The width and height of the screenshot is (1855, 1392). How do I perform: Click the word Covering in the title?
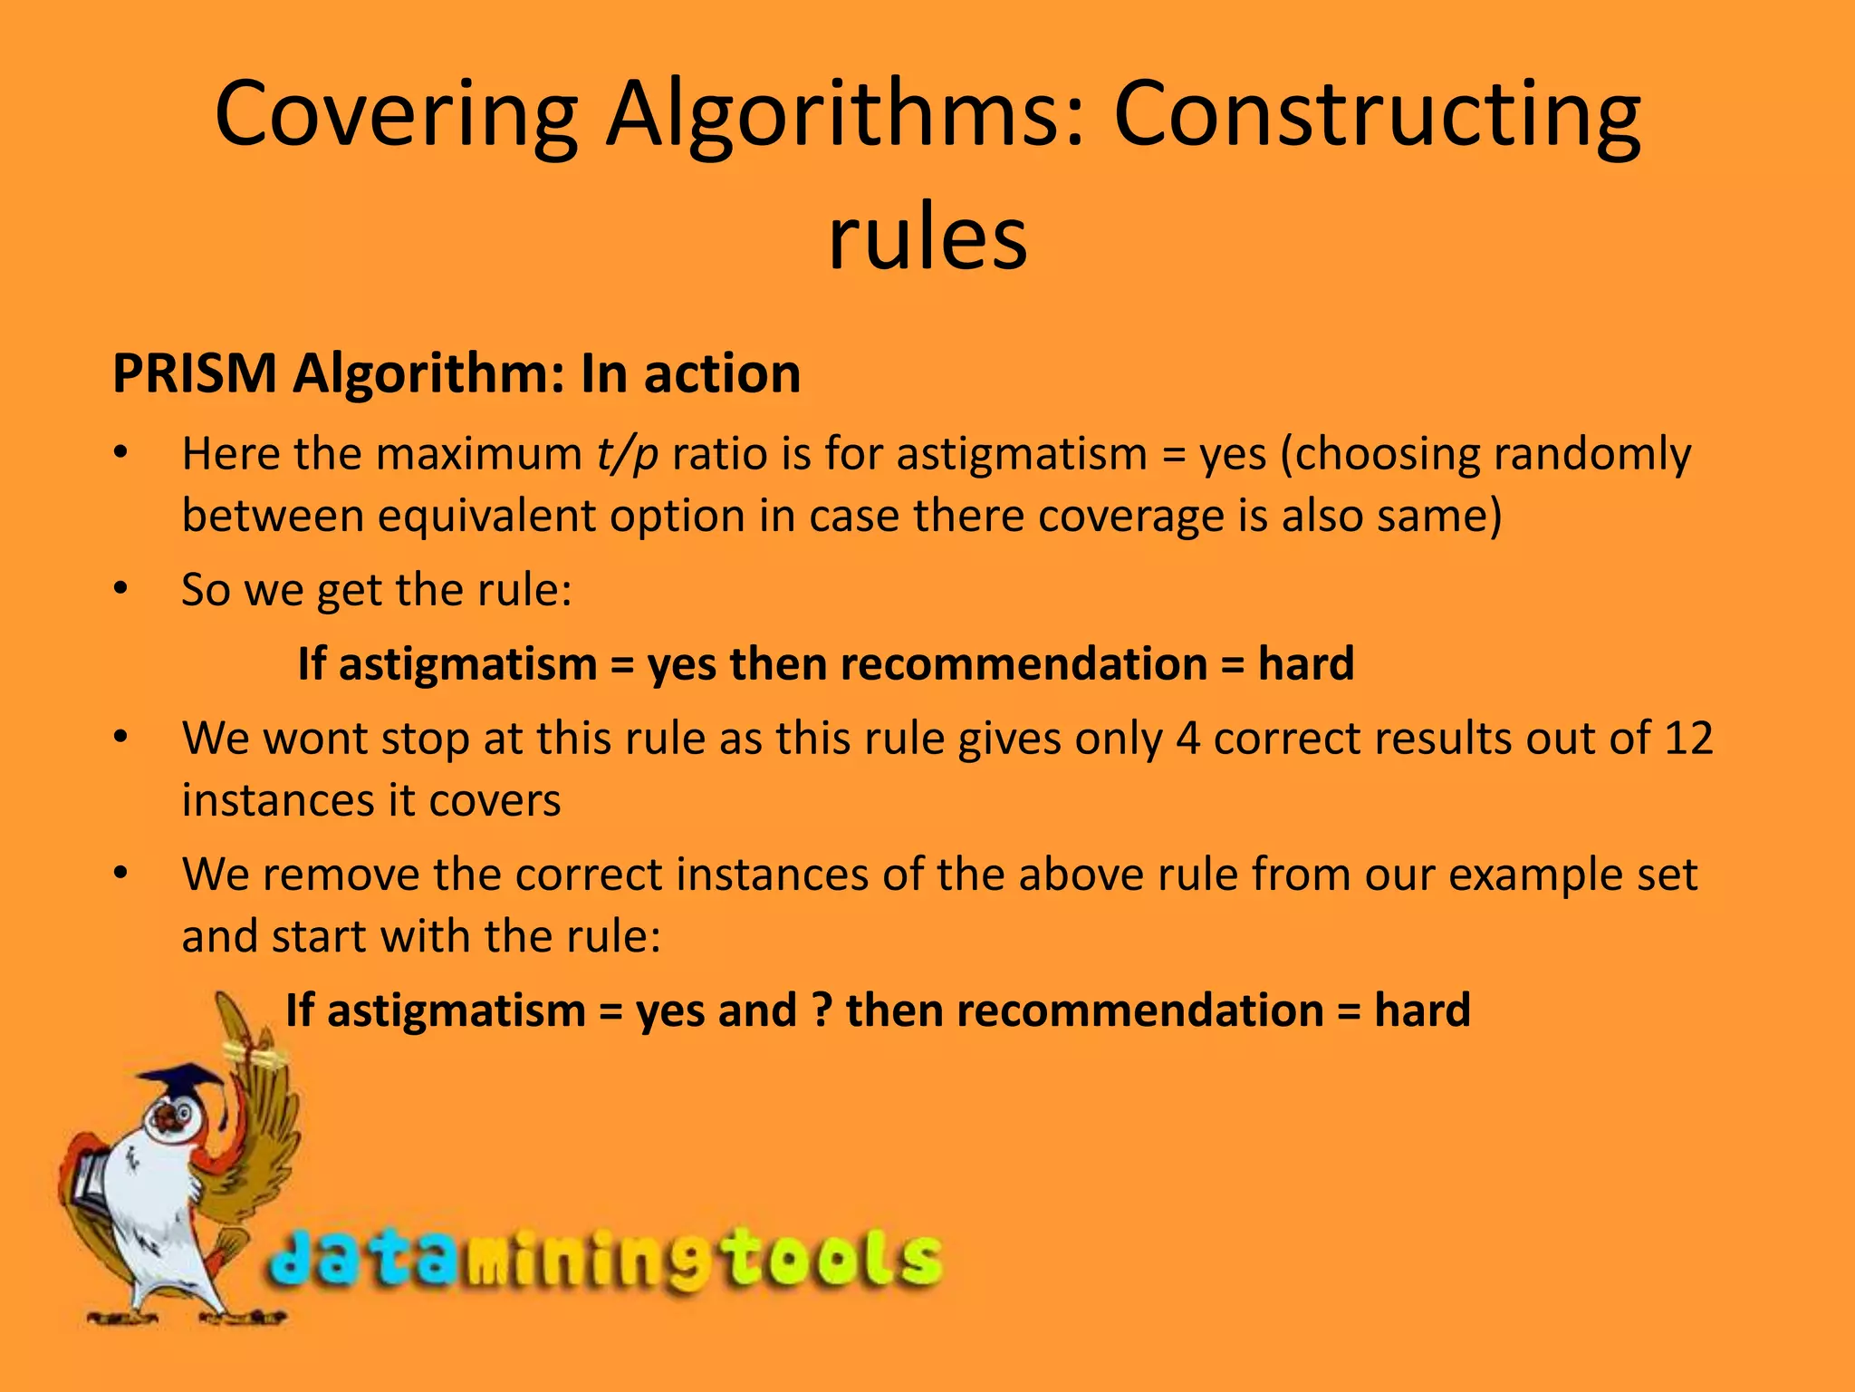pos(396,115)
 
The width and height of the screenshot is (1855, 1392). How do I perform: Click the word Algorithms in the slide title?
pos(844,115)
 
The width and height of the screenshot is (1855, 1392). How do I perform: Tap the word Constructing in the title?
pos(1376,115)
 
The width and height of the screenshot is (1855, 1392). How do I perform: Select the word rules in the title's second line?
pos(927,237)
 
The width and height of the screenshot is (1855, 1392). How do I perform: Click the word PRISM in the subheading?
pos(194,373)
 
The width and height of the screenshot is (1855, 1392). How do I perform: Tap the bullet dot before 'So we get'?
pos(121,589)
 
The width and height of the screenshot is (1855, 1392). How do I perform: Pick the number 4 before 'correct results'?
pos(1187,738)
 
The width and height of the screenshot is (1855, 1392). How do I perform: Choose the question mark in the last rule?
pos(822,1010)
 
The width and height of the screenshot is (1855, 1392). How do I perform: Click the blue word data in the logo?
pos(362,1260)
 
